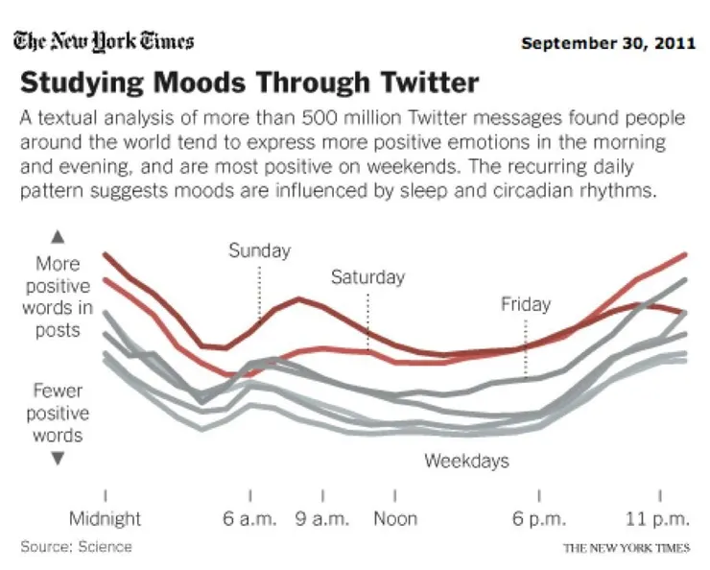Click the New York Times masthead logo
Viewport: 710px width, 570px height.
pos(104,41)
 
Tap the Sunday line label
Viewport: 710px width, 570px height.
pos(259,250)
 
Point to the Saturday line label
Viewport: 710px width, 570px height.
pos(367,277)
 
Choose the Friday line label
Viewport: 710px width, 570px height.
pos(526,304)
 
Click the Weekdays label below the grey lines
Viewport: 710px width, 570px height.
pos(466,461)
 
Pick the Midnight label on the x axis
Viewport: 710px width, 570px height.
pos(105,518)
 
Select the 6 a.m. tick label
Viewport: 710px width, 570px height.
pos(249,518)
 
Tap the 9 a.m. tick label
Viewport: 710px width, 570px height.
pos(322,518)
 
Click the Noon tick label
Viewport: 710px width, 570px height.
pos(395,518)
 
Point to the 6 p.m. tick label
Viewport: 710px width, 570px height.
pos(538,518)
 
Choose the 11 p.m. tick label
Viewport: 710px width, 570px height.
pos(658,518)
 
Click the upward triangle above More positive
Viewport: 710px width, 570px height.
pos(58,235)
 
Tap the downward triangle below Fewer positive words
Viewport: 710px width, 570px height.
pos(58,459)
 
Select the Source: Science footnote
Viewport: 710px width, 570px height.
pos(76,547)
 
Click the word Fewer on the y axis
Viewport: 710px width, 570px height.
pos(58,392)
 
